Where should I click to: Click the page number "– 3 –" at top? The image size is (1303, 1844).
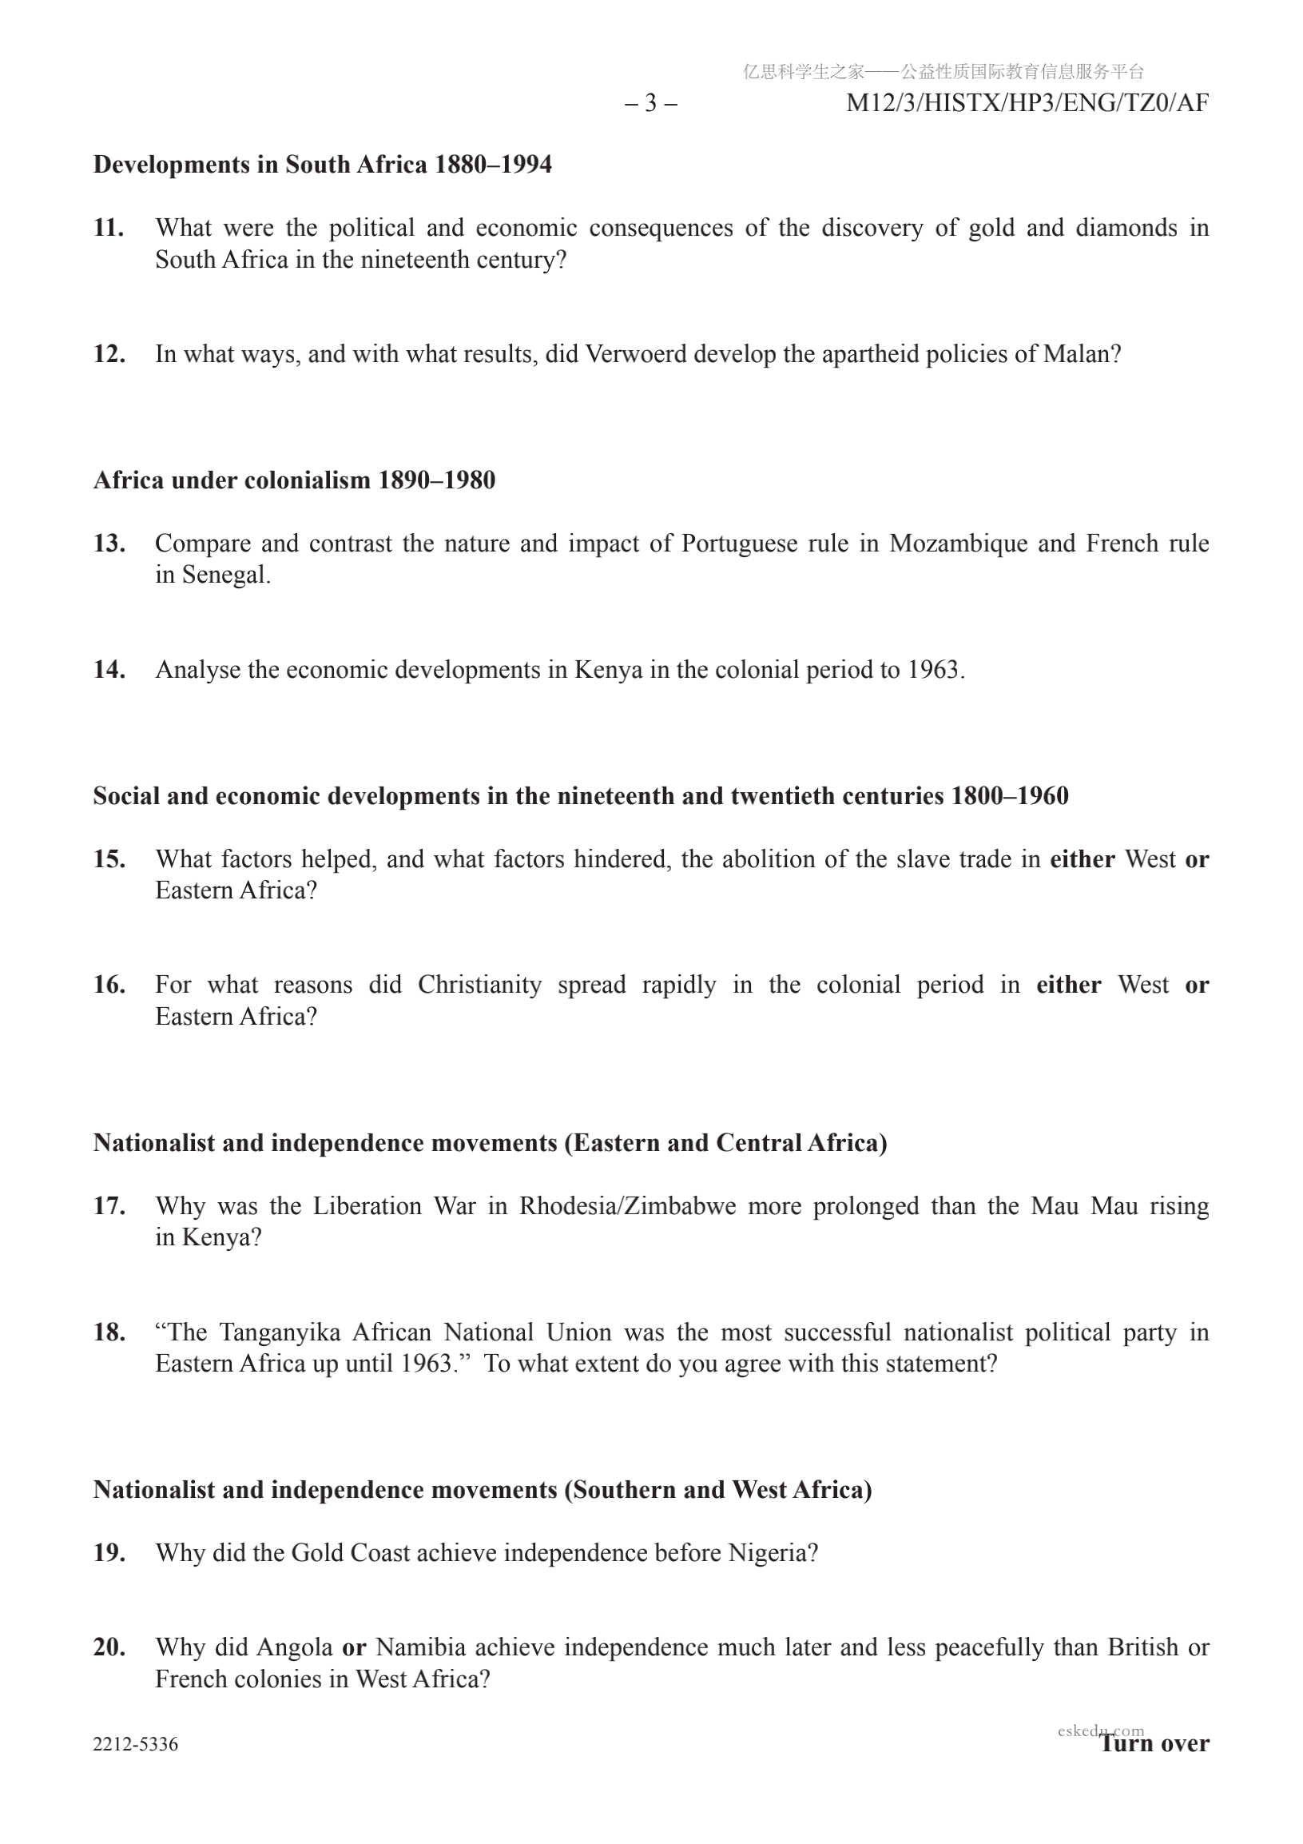click(650, 103)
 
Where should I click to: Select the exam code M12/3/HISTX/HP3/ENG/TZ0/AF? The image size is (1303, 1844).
click(1027, 103)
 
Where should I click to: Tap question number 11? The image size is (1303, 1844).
click(109, 227)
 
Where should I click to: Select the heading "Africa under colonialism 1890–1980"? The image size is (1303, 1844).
click(294, 480)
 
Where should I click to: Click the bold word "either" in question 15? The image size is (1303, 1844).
click(1083, 858)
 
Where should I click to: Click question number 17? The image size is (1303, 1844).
click(109, 1205)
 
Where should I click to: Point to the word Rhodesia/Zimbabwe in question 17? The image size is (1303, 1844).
click(627, 1205)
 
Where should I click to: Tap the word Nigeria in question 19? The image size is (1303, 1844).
click(773, 1552)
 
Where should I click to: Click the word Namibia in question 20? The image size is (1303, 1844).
click(421, 1647)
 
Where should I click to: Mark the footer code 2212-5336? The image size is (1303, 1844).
click(136, 1743)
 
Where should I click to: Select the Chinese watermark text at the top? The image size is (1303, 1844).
click(943, 71)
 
